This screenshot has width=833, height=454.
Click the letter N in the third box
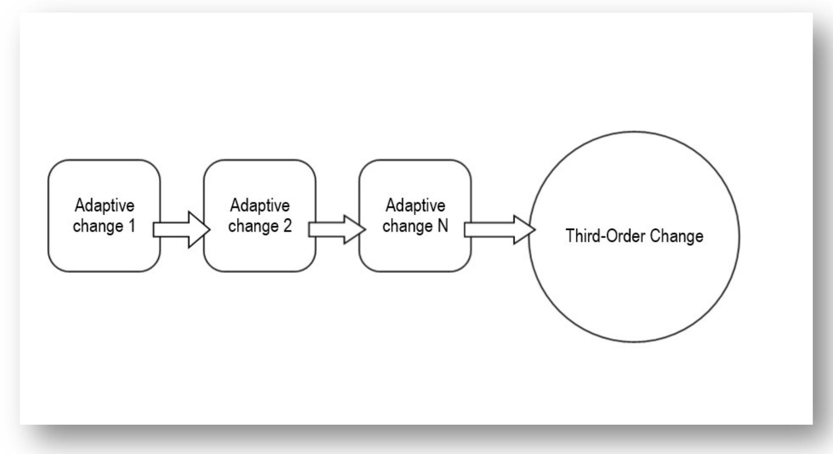442,226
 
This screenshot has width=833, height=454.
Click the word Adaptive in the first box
104,205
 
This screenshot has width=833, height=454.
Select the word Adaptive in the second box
259,205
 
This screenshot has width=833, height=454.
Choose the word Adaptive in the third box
415,205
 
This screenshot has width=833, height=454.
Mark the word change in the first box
97,226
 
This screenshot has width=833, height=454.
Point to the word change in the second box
253,226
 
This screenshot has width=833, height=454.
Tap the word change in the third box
408,226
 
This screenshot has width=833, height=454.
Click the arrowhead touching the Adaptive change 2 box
198,229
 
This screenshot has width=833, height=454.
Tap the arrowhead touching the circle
524,229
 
